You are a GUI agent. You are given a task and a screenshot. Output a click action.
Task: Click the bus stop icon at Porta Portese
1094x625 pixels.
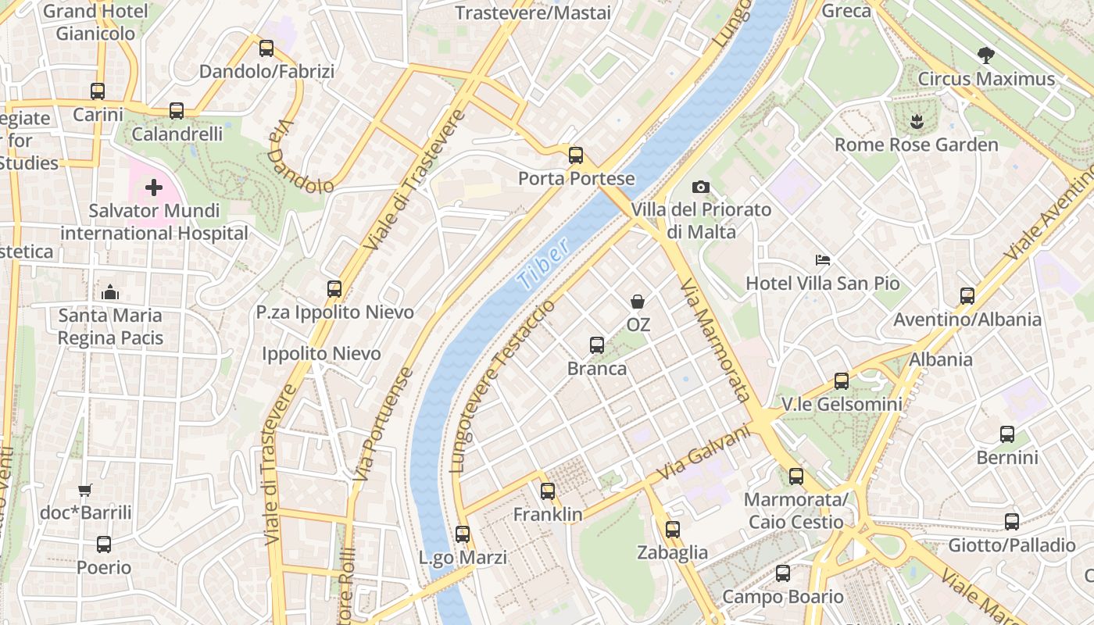(x=576, y=155)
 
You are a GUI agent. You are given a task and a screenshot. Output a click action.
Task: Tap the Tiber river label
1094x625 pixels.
(x=544, y=266)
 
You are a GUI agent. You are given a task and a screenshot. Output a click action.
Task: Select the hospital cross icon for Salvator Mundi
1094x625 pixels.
(x=154, y=187)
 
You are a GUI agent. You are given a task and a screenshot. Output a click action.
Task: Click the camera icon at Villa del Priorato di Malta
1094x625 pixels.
(x=701, y=187)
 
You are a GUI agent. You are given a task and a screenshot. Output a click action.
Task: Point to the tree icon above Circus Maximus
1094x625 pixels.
(x=986, y=55)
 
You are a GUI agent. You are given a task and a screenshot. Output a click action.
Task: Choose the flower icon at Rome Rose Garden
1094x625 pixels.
(x=915, y=121)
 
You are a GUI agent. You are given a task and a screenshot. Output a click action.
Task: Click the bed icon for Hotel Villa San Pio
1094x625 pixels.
(x=822, y=259)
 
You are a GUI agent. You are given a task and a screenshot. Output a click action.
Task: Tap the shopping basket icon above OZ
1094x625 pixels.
(x=638, y=301)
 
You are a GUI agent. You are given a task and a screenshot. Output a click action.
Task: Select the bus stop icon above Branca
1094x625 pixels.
(x=597, y=345)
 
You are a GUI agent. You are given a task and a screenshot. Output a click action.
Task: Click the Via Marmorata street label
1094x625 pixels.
(x=714, y=340)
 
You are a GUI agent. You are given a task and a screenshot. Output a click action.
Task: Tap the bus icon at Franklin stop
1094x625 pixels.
(x=548, y=491)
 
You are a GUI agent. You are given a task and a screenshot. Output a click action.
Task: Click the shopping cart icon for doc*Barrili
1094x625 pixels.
(x=85, y=490)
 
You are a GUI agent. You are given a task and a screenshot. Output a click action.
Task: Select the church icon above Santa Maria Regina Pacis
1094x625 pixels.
(x=110, y=292)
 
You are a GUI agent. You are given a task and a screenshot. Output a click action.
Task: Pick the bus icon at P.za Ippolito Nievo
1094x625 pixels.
(x=334, y=288)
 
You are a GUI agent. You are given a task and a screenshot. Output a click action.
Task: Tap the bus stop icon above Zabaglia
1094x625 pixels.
(x=673, y=529)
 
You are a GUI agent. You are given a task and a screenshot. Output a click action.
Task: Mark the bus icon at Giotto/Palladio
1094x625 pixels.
(x=1012, y=521)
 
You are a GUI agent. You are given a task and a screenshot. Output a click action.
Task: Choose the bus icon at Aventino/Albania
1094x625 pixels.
(x=967, y=295)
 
